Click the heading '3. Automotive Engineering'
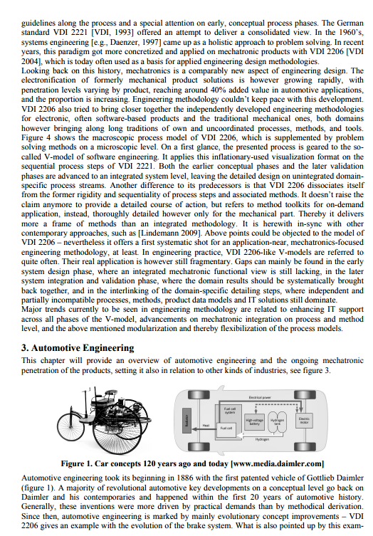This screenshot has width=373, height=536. (78, 347)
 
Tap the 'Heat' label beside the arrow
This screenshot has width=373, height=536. (206, 425)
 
